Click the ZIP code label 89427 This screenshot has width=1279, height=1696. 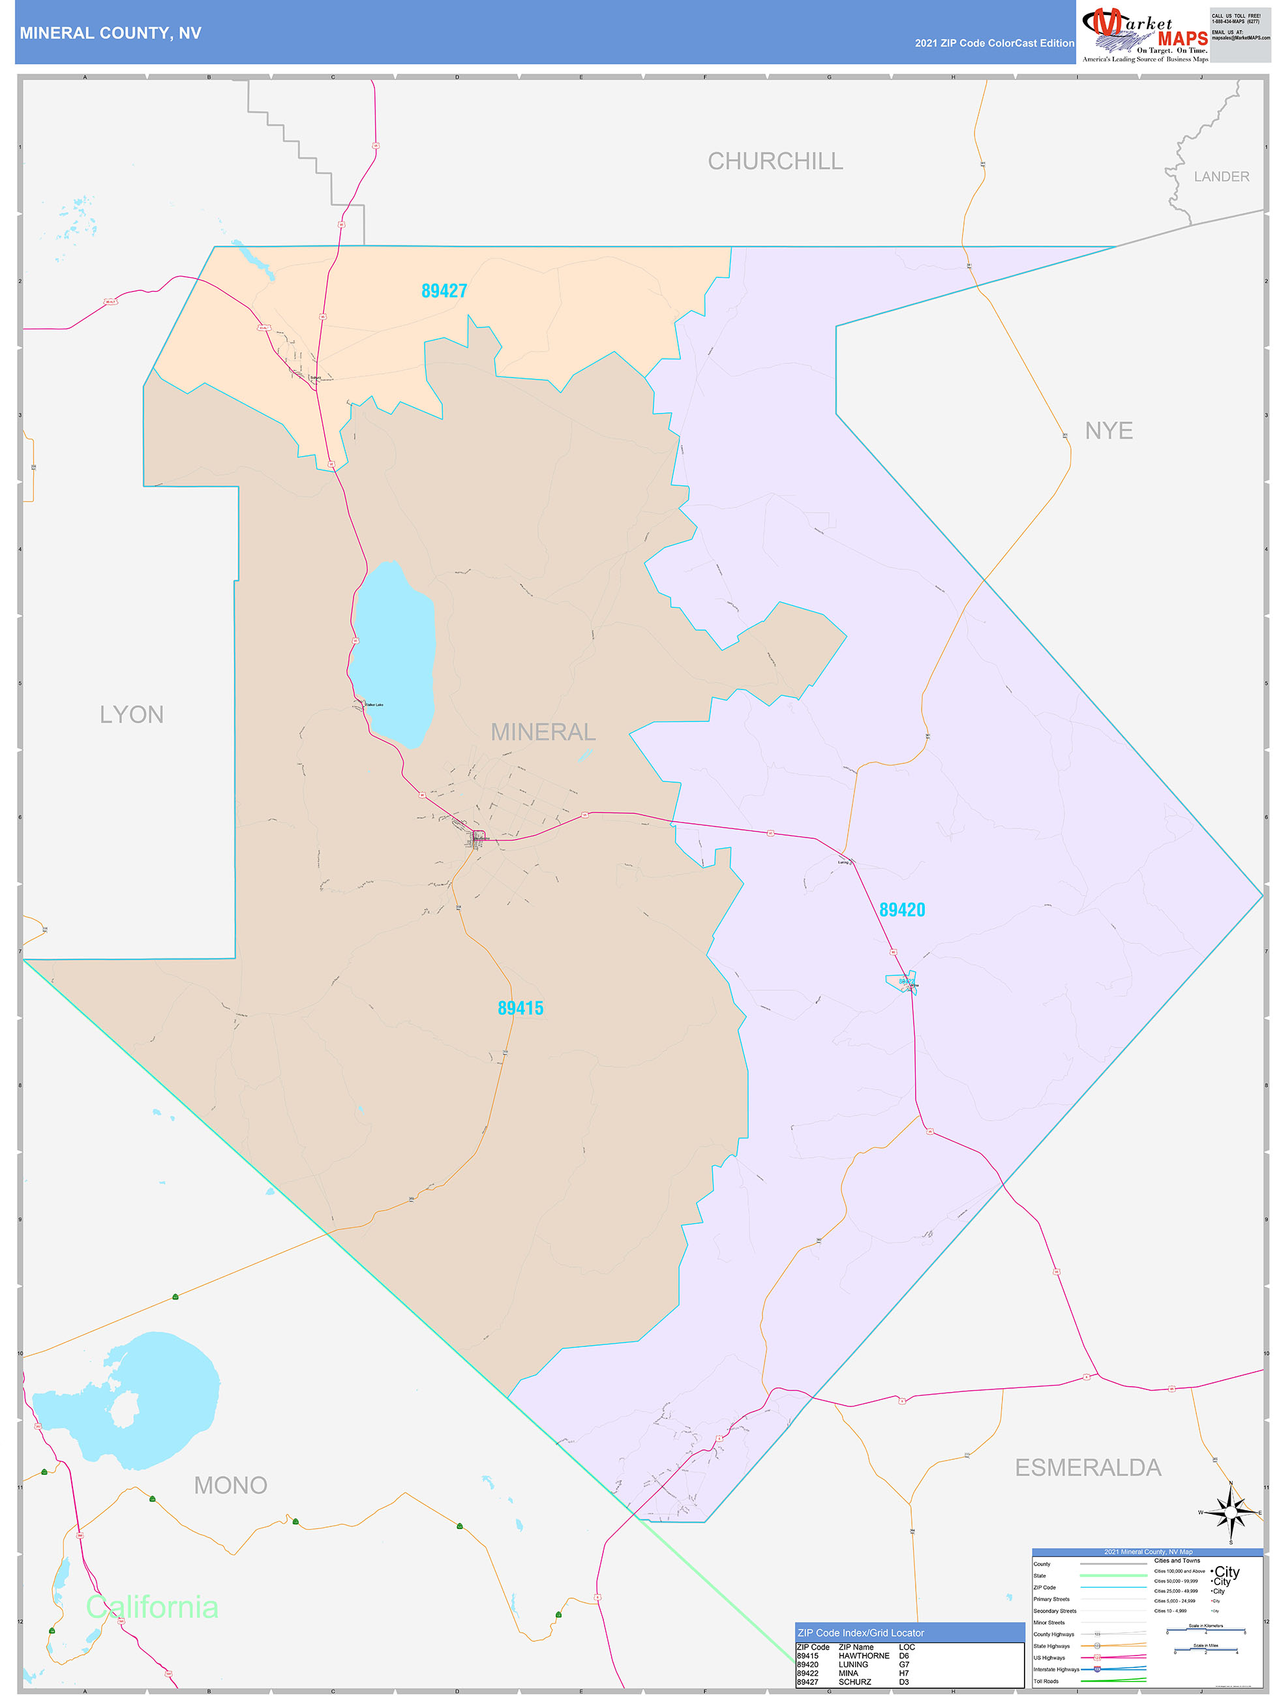point(444,292)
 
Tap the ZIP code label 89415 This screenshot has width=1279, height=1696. point(520,1008)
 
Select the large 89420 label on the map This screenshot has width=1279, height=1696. point(902,910)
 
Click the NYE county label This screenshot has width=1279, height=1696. point(1108,431)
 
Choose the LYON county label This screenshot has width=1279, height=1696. point(131,714)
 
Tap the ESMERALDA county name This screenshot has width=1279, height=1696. point(1087,1468)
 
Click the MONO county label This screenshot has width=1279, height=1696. point(230,1485)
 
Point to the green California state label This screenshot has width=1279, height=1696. point(152,1607)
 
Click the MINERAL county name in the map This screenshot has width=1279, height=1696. point(543,733)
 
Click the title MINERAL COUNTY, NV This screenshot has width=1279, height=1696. point(110,33)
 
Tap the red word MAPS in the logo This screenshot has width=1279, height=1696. point(1182,38)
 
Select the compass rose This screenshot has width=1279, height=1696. point(1231,1512)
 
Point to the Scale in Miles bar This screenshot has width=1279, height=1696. point(1205,1650)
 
